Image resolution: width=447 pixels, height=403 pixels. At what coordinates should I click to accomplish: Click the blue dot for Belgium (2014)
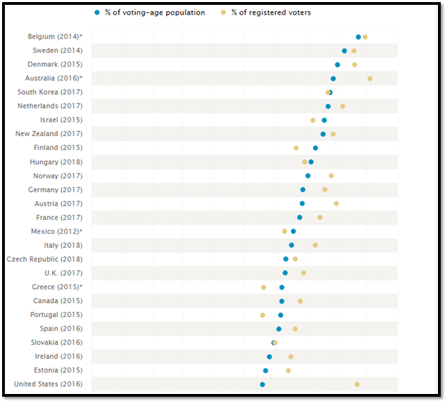click(x=358, y=37)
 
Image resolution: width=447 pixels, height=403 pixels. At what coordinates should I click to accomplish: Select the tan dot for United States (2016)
click(x=357, y=384)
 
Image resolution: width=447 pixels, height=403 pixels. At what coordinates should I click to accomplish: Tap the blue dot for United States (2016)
click(x=262, y=384)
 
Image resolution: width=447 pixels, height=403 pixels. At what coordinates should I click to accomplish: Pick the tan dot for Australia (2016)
click(x=370, y=78)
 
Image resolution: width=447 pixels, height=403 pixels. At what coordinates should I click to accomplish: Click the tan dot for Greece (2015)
click(x=264, y=287)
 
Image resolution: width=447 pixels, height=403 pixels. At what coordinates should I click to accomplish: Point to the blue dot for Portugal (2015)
click(x=280, y=315)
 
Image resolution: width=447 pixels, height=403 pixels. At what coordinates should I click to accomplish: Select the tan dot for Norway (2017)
click(x=331, y=175)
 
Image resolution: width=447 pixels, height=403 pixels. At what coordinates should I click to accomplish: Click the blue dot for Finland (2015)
click(x=316, y=148)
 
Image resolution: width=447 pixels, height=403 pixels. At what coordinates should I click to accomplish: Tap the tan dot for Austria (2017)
click(x=337, y=203)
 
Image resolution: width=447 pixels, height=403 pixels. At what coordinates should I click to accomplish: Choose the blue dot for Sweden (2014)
click(x=344, y=51)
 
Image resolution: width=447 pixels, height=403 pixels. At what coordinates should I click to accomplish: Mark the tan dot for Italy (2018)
click(x=315, y=245)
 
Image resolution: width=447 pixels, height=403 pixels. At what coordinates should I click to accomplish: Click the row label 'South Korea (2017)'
click(x=50, y=92)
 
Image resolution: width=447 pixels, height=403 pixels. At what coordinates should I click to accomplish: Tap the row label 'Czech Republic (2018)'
click(x=44, y=259)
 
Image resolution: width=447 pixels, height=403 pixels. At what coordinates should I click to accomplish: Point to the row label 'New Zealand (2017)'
click(x=49, y=134)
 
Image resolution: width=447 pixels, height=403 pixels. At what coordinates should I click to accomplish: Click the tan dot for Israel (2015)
click(x=313, y=120)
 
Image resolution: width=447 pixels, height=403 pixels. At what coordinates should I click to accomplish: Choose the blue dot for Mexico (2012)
click(x=294, y=231)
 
